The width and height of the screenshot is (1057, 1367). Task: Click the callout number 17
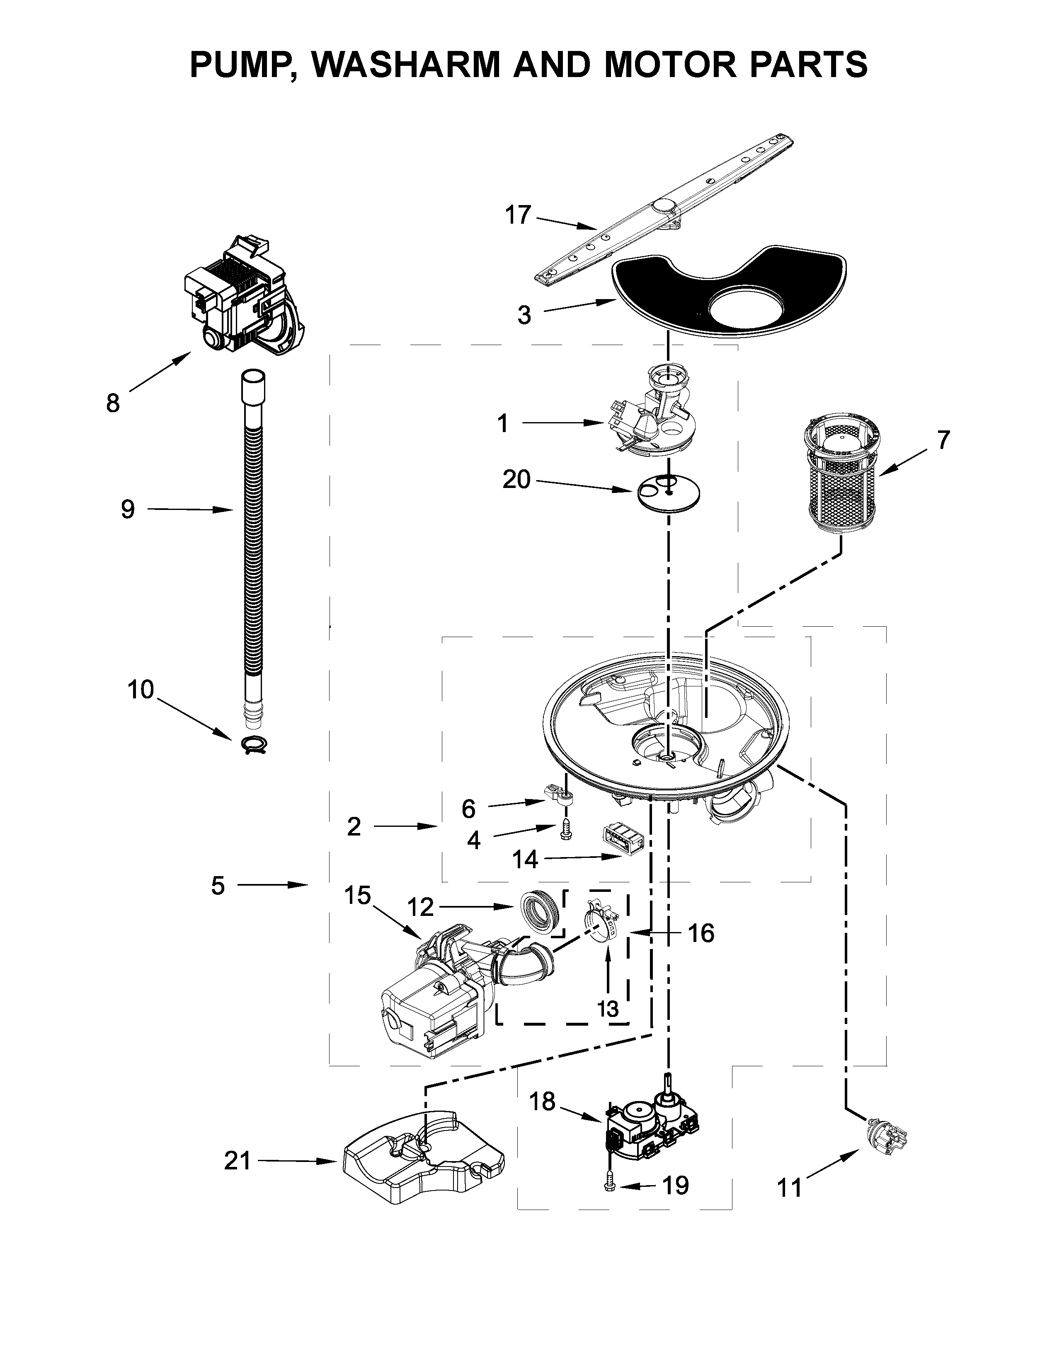pos(518,215)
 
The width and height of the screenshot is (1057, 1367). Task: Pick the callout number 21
pos(238,1162)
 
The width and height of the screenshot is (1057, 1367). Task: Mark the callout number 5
pos(217,885)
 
